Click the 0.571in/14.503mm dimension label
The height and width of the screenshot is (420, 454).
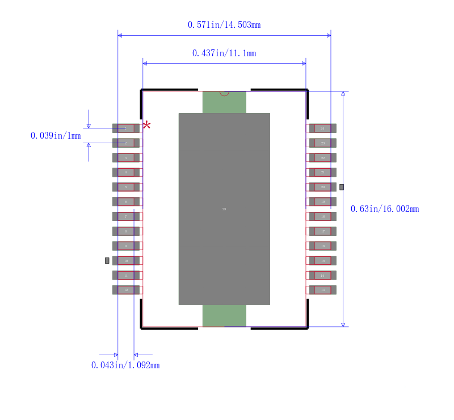(x=224, y=24)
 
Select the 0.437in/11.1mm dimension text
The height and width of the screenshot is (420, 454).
(x=224, y=53)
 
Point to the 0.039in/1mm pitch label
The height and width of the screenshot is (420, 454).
(x=56, y=136)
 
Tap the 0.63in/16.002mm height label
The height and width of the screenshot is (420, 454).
(x=385, y=209)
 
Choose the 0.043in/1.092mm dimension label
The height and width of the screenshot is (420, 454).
(x=125, y=365)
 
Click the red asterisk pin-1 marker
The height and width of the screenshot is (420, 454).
(x=146, y=124)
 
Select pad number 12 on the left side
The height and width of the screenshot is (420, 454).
(x=126, y=290)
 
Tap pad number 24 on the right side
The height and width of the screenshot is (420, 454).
(x=322, y=128)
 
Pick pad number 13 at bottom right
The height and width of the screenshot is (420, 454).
(x=322, y=290)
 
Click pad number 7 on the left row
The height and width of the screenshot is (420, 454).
(x=126, y=217)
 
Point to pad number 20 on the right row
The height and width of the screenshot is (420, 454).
(x=322, y=187)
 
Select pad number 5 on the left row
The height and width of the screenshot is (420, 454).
(x=126, y=187)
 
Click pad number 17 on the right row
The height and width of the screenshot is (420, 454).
(x=322, y=231)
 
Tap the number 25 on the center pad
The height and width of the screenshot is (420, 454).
(x=224, y=209)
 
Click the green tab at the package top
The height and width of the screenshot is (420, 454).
(x=224, y=102)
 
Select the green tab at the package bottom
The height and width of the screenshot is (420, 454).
(x=224, y=316)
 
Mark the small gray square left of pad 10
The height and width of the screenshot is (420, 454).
(x=107, y=260)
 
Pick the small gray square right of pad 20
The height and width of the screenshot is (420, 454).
(x=342, y=187)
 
